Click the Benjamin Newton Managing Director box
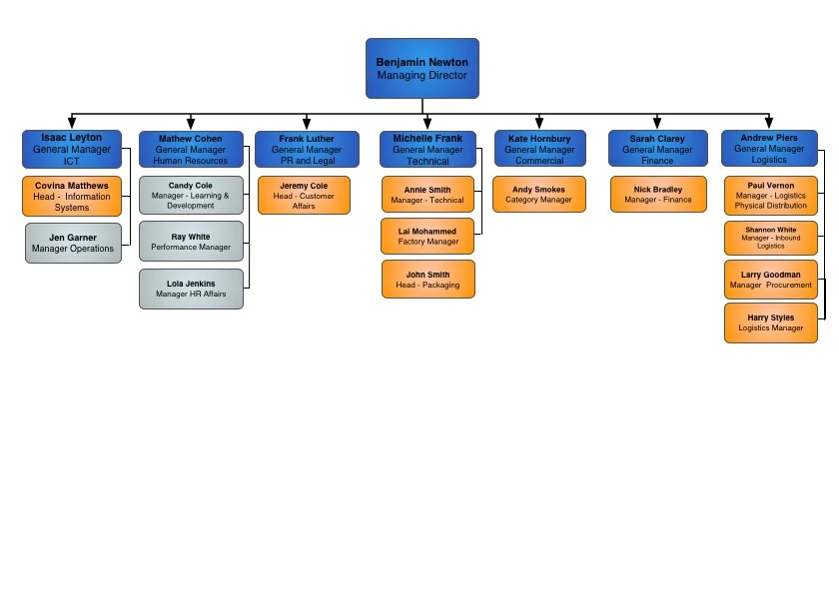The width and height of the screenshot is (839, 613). pyautogui.click(x=421, y=68)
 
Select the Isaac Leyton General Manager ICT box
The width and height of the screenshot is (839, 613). pyautogui.click(x=71, y=149)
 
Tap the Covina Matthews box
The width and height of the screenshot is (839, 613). pyautogui.click(x=72, y=196)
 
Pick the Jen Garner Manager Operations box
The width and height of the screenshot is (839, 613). pyautogui.click(x=73, y=243)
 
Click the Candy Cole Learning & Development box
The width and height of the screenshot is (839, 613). pyautogui.click(x=190, y=195)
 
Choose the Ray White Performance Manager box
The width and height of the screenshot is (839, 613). pyautogui.click(x=190, y=242)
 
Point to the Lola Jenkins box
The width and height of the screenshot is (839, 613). pyautogui.click(x=190, y=289)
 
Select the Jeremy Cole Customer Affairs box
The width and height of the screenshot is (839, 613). pyautogui.click(x=304, y=195)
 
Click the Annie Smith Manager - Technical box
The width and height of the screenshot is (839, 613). pyautogui.click(x=427, y=195)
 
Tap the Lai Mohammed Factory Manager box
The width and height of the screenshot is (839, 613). pyautogui.click(x=427, y=237)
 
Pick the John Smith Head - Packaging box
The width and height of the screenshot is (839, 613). pyautogui.click(x=427, y=280)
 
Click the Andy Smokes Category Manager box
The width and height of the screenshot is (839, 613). pyautogui.click(x=538, y=194)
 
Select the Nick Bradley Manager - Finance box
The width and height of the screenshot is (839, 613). pyautogui.click(x=657, y=194)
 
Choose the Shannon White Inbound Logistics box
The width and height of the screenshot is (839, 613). pyautogui.click(x=770, y=238)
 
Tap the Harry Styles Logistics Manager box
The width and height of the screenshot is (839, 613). pyautogui.click(x=770, y=322)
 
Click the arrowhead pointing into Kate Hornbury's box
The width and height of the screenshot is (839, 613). pyautogui.click(x=539, y=123)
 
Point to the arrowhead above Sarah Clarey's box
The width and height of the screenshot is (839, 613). pyautogui.click(x=657, y=123)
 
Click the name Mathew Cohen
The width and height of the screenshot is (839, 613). pyautogui.click(x=190, y=139)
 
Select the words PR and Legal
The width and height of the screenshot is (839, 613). pyautogui.click(x=308, y=160)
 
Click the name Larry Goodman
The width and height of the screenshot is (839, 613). pyautogui.click(x=770, y=275)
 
